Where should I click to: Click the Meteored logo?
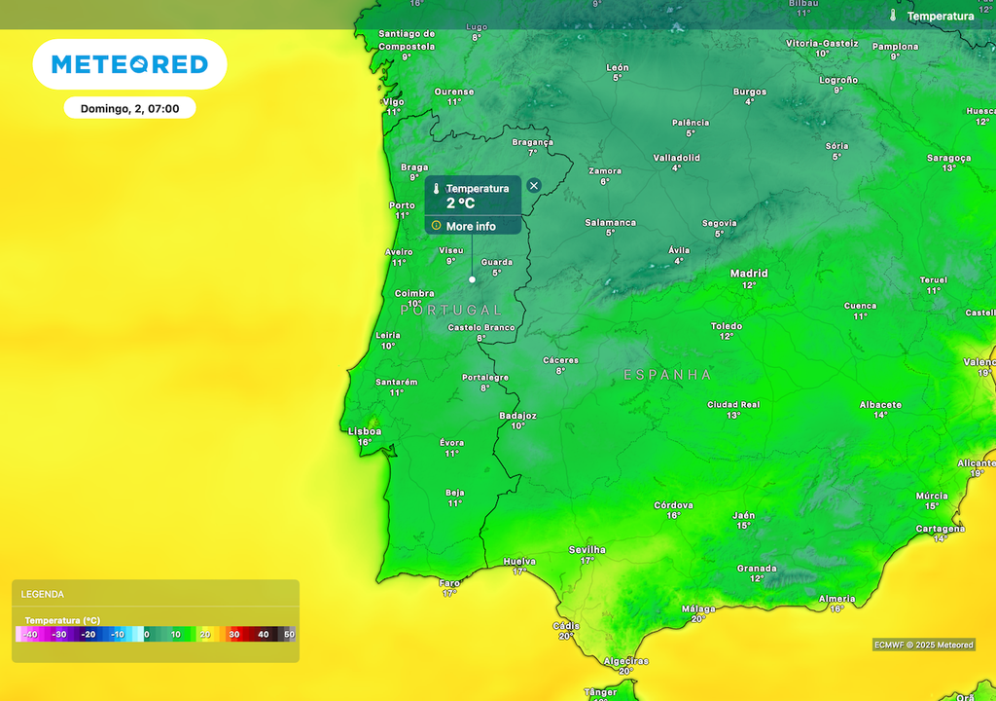click(x=129, y=64)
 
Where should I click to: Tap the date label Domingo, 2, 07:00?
click(x=129, y=108)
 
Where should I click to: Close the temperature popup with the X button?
click(x=533, y=185)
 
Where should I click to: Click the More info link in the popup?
click(x=471, y=226)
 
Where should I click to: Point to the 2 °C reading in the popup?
click(x=460, y=203)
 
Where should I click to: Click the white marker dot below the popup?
click(x=473, y=279)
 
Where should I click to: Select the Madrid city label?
click(x=749, y=274)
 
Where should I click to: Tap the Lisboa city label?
click(x=365, y=430)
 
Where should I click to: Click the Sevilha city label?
click(x=587, y=550)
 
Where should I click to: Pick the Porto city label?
click(x=402, y=205)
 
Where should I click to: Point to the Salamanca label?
click(x=610, y=222)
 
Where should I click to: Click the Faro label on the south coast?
click(x=449, y=582)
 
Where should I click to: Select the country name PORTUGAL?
click(x=451, y=310)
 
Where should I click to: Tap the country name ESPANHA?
click(x=667, y=375)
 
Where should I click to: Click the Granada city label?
click(x=757, y=569)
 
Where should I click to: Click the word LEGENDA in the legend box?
click(x=43, y=594)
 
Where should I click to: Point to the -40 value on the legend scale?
click(x=31, y=635)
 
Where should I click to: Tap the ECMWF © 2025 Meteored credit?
click(x=923, y=645)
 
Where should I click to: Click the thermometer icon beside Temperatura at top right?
click(x=893, y=16)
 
